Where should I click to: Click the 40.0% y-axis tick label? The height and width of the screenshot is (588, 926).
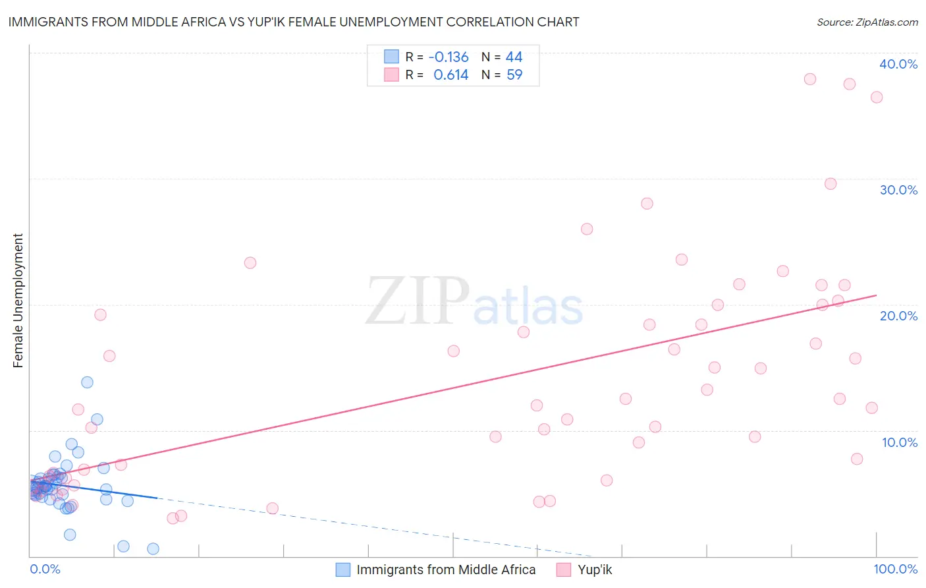898,64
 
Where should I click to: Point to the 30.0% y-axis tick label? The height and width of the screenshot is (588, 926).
898,190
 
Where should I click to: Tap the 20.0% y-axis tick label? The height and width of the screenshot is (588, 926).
898,316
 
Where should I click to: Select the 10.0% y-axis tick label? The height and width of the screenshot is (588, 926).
900,442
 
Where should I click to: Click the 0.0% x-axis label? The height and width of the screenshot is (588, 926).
45,569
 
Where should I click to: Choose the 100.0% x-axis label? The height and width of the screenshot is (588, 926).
895,569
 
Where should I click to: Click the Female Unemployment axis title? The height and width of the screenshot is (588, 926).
18,301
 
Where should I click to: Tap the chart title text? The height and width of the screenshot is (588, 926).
294,22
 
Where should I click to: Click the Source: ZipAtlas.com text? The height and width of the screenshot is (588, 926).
867,22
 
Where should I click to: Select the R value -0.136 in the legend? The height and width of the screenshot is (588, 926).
448,57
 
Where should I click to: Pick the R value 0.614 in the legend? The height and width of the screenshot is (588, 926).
450,75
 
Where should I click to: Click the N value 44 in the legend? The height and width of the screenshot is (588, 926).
514,57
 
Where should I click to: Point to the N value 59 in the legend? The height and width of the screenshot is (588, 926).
514,75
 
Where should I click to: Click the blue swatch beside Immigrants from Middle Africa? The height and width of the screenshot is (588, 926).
343,570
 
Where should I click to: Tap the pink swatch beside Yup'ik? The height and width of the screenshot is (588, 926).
564,570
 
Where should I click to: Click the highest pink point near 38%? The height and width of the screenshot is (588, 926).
810,79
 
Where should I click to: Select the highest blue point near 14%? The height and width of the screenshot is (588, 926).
87,382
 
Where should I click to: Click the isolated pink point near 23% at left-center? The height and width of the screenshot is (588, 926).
250,263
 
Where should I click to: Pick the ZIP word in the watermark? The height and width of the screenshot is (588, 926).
418,301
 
